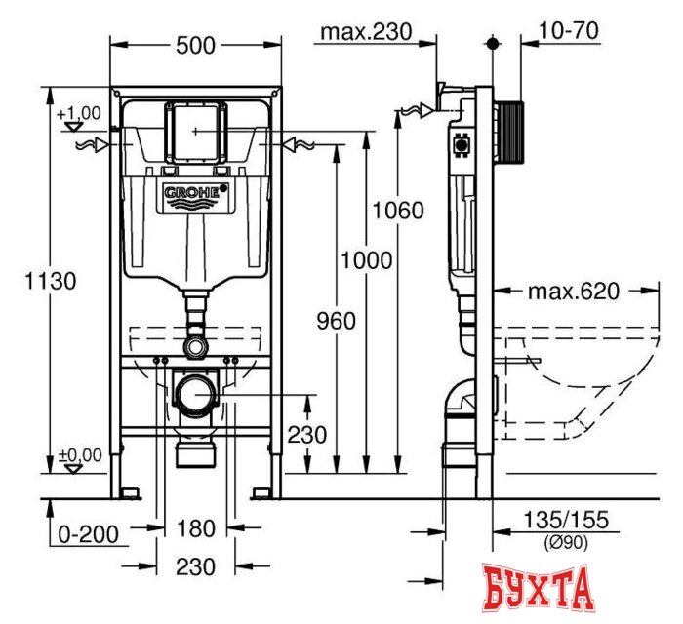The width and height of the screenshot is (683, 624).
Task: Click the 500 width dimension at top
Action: (x=198, y=44)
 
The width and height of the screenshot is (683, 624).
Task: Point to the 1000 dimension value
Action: (x=368, y=260)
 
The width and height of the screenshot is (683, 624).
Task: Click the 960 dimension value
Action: (x=336, y=321)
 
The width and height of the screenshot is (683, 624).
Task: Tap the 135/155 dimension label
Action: (x=566, y=523)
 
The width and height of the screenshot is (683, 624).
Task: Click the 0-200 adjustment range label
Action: (x=87, y=533)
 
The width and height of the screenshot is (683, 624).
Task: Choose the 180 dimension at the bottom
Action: (x=196, y=529)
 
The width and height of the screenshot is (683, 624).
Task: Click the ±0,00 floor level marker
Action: (x=80, y=454)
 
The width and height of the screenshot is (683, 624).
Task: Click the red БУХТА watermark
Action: (x=538, y=590)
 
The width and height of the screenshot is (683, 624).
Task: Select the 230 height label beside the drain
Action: (x=307, y=434)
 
